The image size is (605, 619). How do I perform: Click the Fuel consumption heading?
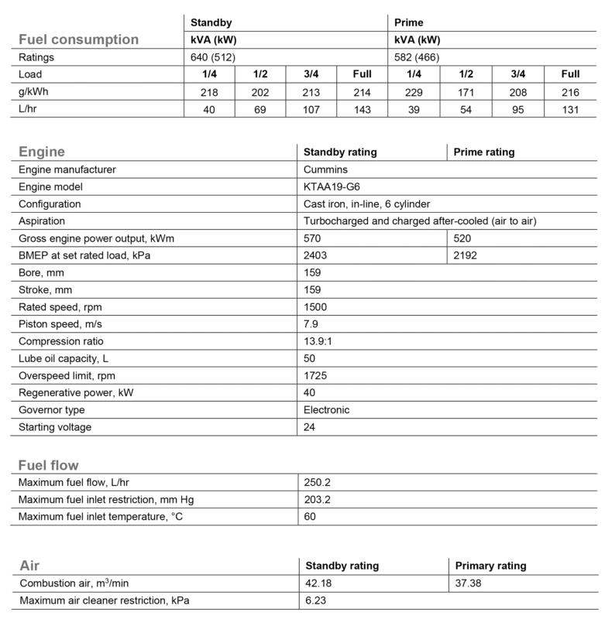point(78,39)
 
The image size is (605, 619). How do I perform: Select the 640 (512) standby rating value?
point(214,57)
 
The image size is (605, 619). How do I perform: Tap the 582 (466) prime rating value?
point(418,57)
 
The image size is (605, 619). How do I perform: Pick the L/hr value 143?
point(361,109)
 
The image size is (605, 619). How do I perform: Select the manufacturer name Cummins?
point(325,169)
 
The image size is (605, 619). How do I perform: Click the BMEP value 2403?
point(318,255)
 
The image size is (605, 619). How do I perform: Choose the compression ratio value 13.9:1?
point(320,340)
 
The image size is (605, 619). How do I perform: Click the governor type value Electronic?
point(327,409)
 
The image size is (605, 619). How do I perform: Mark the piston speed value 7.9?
point(311,323)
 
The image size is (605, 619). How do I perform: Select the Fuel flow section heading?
point(48,465)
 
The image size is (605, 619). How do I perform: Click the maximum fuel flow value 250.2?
point(318,482)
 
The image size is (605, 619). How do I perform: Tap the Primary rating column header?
point(491,566)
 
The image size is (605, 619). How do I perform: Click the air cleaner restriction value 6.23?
point(315,600)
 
